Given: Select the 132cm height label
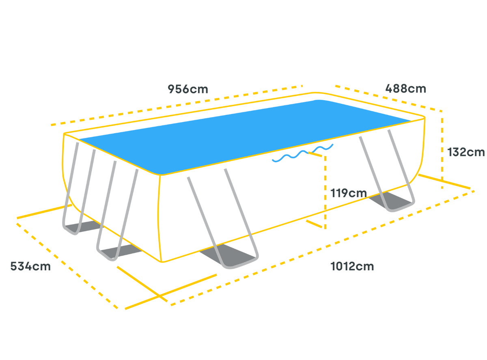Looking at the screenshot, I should (x=465, y=152).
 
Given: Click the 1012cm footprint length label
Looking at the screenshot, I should (x=352, y=266).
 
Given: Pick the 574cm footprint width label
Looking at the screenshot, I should (x=31, y=267).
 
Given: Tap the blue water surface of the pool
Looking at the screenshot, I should (x=243, y=130).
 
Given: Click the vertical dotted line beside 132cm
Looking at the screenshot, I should (x=442, y=150).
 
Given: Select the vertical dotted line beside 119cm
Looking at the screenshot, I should (x=325, y=191).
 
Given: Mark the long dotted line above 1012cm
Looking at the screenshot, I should (x=321, y=248).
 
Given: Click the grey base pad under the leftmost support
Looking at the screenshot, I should (x=77, y=228).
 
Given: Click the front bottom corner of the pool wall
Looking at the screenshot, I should (x=162, y=260).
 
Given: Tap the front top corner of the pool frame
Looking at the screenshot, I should (x=161, y=175).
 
